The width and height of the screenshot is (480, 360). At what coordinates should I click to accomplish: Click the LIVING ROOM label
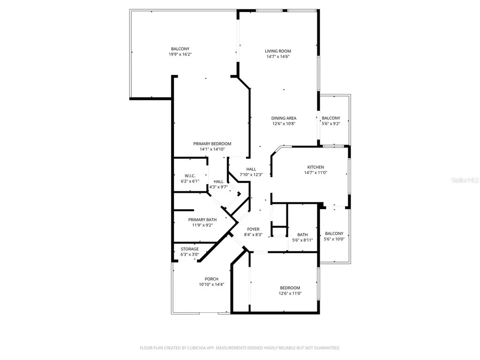[x=278, y=51]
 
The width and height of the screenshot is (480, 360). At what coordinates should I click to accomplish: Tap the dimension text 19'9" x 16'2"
[x=180, y=54]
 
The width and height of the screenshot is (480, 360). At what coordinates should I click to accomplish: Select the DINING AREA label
[x=284, y=118]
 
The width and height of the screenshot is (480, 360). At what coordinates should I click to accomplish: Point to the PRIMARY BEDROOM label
[x=212, y=144]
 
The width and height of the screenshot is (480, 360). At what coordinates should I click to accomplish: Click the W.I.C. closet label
[x=189, y=176]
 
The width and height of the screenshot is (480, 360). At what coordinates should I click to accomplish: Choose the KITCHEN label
[x=315, y=167]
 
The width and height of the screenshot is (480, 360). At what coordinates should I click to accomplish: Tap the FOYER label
[x=253, y=229]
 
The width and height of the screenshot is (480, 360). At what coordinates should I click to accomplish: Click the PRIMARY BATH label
[x=202, y=220]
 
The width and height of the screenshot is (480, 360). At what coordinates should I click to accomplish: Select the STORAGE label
[x=190, y=249]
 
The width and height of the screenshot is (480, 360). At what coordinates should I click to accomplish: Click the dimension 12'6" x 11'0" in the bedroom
[x=290, y=293]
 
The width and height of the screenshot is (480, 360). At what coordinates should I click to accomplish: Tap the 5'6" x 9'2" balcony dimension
[x=331, y=124]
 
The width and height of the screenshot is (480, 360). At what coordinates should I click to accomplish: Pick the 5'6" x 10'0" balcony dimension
[x=334, y=239]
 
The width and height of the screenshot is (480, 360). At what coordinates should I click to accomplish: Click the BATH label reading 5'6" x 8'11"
[x=302, y=235]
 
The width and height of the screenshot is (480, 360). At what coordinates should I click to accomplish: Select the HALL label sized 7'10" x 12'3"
[x=251, y=169]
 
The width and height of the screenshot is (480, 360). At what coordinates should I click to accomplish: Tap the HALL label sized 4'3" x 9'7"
[x=218, y=181]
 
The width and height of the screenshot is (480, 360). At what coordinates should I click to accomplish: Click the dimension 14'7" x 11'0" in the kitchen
[x=315, y=172]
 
